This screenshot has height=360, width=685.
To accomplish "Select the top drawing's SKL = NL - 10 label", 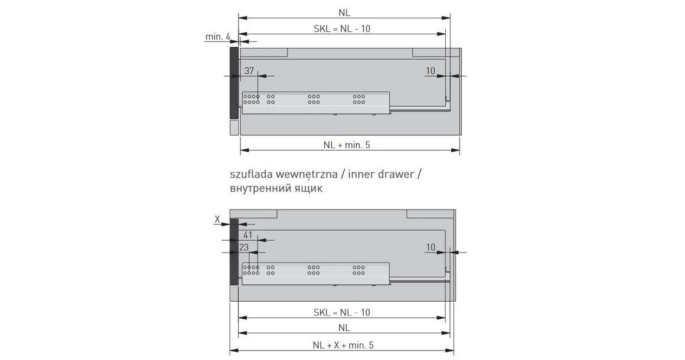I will click(342, 29).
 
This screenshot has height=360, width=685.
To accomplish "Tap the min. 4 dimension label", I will click(217, 37).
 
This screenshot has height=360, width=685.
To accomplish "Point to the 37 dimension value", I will click(249, 71).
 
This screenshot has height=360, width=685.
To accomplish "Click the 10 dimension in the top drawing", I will click(430, 71).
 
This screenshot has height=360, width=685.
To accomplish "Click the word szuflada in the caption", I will click(250, 175).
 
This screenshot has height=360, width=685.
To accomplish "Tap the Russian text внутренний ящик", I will click(276, 190).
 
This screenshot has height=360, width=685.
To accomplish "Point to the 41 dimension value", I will click(248, 235).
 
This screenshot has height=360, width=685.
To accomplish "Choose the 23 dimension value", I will click(244, 247).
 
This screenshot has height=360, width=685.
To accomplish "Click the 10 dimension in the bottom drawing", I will click(430, 247).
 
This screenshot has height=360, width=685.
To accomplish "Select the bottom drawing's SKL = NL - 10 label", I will click(342, 312).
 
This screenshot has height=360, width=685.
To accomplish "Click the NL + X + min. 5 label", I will click(343, 345).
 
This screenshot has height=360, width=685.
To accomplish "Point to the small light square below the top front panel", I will click(233, 129).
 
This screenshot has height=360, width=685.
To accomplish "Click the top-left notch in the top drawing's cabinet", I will click(263, 52).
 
